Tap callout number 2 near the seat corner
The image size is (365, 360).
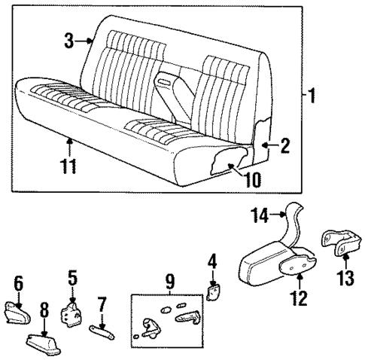click(284, 147)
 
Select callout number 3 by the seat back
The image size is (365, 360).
click(68, 41)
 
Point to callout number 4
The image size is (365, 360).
click(212, 262)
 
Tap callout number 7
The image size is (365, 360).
click(102, 304)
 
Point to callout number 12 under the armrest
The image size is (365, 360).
click(300, 298)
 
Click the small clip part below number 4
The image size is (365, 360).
click(213, 290)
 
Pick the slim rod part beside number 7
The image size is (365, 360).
click(104, 327)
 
